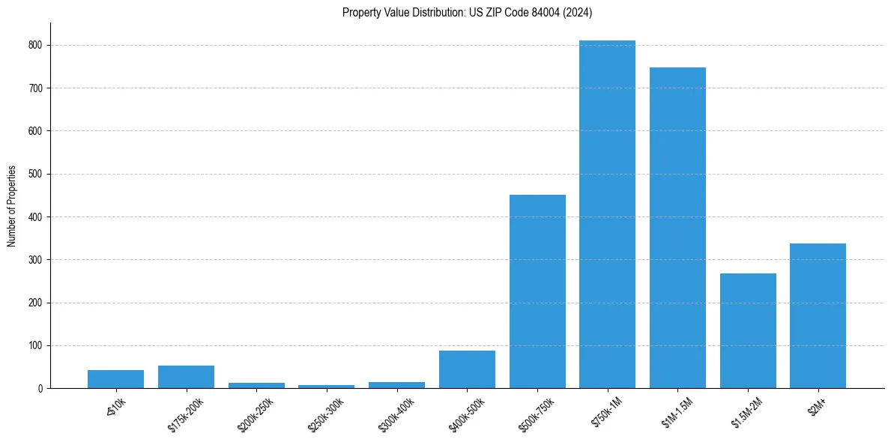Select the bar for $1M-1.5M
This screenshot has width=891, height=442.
677,228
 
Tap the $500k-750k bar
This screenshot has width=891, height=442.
537,291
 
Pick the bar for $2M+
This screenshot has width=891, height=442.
818,315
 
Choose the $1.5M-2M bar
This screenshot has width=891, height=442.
748,330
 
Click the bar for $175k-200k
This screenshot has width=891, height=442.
186,377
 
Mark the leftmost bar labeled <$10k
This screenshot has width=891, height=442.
115,379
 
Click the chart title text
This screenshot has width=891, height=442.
468,13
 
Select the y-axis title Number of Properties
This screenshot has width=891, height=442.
12,205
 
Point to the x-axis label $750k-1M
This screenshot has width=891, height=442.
608,414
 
